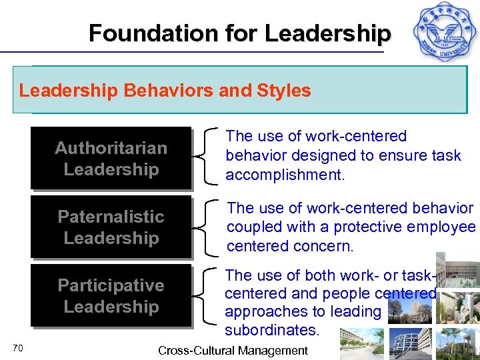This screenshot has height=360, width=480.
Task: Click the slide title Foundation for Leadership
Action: (x=239, y=33)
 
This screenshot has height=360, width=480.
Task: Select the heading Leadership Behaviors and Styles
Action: (x=165, y=91)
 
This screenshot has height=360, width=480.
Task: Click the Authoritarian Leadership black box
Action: (x=111, y=158)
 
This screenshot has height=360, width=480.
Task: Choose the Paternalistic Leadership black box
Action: (x=111, y=227)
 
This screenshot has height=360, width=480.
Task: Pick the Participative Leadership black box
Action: (x=111, y=296)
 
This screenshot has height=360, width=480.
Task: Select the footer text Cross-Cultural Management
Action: (x=233, y=350)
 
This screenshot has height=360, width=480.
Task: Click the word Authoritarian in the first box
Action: (x=111, y=147)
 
